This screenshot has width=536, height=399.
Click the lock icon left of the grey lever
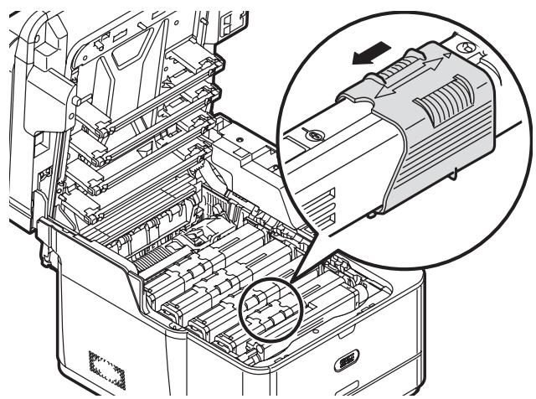[x=313, y=134]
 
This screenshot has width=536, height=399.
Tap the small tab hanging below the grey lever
[x=453, y=174]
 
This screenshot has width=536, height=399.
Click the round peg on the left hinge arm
[x=75, y=100]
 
